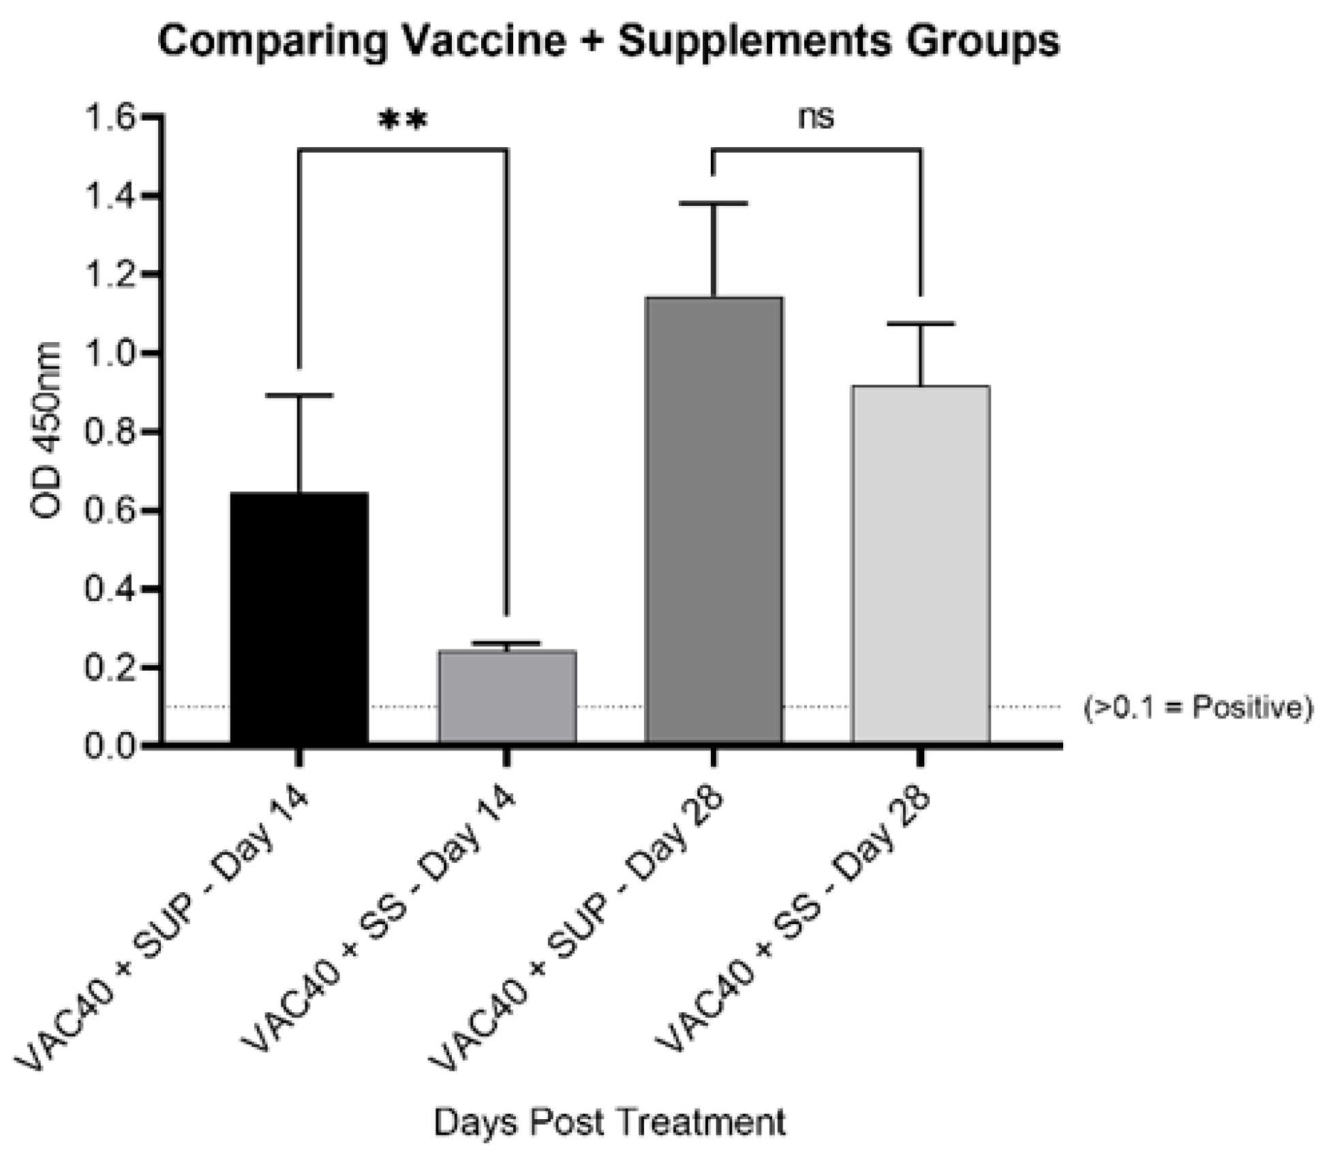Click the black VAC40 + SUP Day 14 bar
[x=299, y=617]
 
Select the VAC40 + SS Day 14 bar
[x=507, y=696]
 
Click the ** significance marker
[x=403, y=121]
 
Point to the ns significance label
[x=816, y=118]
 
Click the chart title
[x=609, y=41]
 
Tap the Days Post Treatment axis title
[x=610, y=1121]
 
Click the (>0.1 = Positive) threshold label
[x=1197, y=707]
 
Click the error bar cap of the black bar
[x=299, y=395]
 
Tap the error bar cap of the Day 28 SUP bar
[x=714, y=203]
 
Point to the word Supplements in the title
[x=754, y=41]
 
